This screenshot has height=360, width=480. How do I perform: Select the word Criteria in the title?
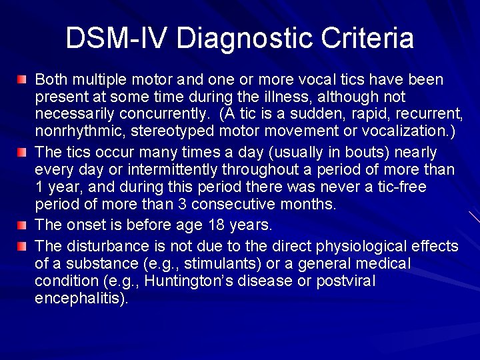[368, 38]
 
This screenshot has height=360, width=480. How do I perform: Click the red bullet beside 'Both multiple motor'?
[22, 80]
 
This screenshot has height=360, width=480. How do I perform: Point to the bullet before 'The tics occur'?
[22, 152]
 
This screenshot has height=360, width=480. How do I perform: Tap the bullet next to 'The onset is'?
[22, 224]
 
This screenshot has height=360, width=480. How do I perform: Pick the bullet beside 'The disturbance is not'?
[22, 246]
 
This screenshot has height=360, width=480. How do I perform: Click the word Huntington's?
[191, 281]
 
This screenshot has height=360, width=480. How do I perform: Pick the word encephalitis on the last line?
[80, 299]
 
